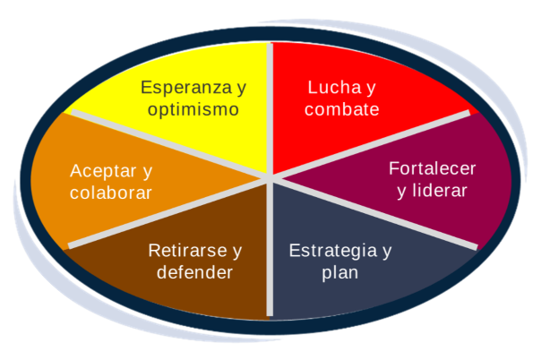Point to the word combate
click(x=341, y=110)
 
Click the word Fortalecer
click(x=433, y=168)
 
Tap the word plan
click(x=339, y=272)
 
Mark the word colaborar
click(x=111, y=193)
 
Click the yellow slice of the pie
click(x=215, y=143)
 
